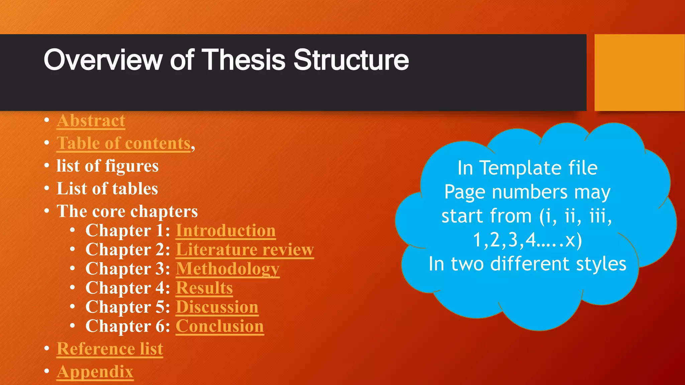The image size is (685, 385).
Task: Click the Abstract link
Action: [x=91, y=121]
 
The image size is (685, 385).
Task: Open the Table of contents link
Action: [x=124, y=143]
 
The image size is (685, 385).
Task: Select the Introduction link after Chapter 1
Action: [x=226, y=231]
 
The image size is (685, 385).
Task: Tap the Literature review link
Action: [x=245, y=250]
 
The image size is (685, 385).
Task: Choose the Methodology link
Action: [x=227, y=269]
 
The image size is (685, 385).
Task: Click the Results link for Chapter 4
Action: [x=204, y=288]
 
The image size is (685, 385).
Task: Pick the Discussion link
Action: [x=217, y=307]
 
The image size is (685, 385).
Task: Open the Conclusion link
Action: [x=220, y=326]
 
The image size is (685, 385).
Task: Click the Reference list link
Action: [x=110, y=349]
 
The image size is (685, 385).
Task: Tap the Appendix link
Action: [x=95, y=372]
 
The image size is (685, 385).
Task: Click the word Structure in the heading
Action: [x=351, y=60]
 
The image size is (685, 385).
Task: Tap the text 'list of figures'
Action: [x=107, y=166]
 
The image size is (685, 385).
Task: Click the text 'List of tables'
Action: [x=107, y=189]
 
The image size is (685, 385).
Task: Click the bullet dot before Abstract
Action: [x=47, y=120]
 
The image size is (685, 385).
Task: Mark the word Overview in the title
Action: [x=102, y=60]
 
